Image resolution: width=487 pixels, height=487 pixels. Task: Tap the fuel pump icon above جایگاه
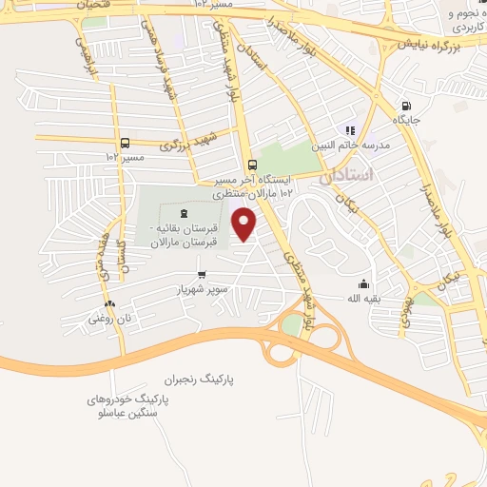click(x=407, y=106)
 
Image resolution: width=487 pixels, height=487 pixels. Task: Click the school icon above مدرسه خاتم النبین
click(x=350, y=130)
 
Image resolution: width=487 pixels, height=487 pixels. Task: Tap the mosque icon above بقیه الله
click(x=362, y=283)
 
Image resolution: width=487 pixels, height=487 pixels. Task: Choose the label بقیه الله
click(x=362, y=298)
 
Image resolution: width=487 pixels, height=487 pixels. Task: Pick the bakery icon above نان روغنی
click(x=107, y=304)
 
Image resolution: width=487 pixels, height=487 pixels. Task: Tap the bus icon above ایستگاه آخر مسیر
click(x=251, y=163)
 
